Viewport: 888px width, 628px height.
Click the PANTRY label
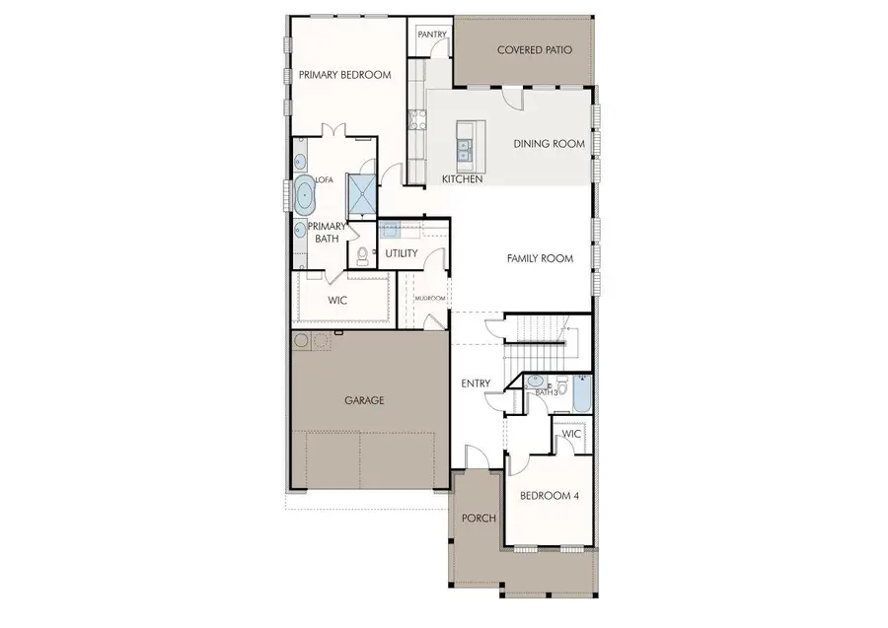(432, 35)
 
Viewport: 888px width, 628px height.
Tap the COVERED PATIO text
(535, 49)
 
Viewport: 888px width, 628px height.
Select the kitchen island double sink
(465, 149)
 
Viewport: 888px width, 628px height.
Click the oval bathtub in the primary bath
(306, 196)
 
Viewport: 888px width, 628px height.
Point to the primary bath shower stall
(361, 195)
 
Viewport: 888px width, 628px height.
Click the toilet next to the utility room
(363, 256)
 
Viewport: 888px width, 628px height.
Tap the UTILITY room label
(403, 253)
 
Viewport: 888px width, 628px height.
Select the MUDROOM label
(430, 298)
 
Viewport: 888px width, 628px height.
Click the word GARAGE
(364, 400)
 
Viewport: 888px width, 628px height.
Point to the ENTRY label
(476, 384)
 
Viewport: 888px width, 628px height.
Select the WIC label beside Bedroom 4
(571, 434)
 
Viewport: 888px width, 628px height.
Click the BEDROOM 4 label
(550, 495)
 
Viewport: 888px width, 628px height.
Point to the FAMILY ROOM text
(540, 259)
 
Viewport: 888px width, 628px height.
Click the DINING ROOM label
(549, 144)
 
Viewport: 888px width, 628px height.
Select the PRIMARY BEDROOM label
(345, 75)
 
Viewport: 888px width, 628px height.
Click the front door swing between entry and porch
(476, 455)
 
